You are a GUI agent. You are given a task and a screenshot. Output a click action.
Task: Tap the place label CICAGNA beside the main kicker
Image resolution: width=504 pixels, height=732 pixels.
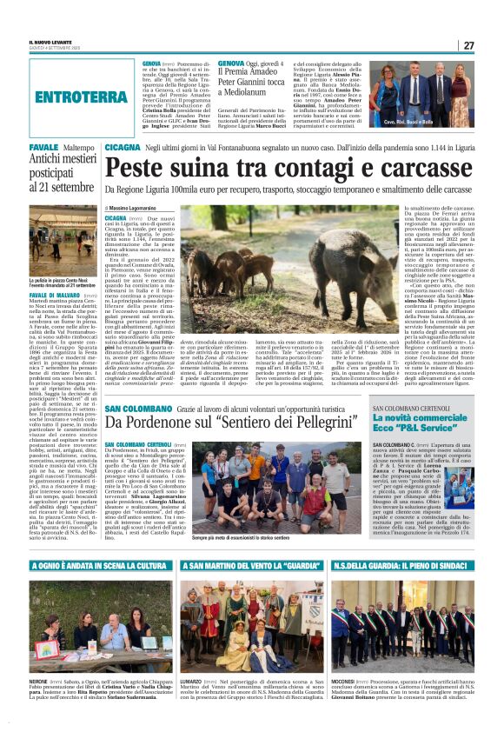click(x=122, y=150)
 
